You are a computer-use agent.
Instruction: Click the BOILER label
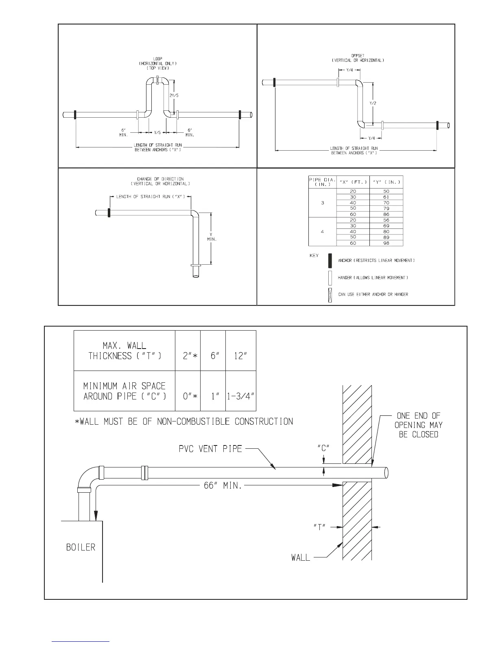81,547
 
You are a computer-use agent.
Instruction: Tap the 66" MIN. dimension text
223,486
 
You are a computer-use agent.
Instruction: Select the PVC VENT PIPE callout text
210,449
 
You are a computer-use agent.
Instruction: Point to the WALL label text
301,557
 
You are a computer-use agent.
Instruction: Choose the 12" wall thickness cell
240,355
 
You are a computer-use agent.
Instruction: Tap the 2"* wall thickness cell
188,355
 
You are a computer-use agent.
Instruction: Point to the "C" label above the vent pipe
323,447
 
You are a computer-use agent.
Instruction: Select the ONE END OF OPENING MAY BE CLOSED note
419,425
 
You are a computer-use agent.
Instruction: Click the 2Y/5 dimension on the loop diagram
173,95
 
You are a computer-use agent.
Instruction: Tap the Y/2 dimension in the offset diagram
373,103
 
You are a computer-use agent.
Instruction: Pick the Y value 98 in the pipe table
386,243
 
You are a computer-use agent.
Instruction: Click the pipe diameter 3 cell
323,203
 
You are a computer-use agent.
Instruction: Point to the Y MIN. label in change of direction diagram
212,237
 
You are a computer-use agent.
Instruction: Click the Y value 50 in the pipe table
386,191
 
